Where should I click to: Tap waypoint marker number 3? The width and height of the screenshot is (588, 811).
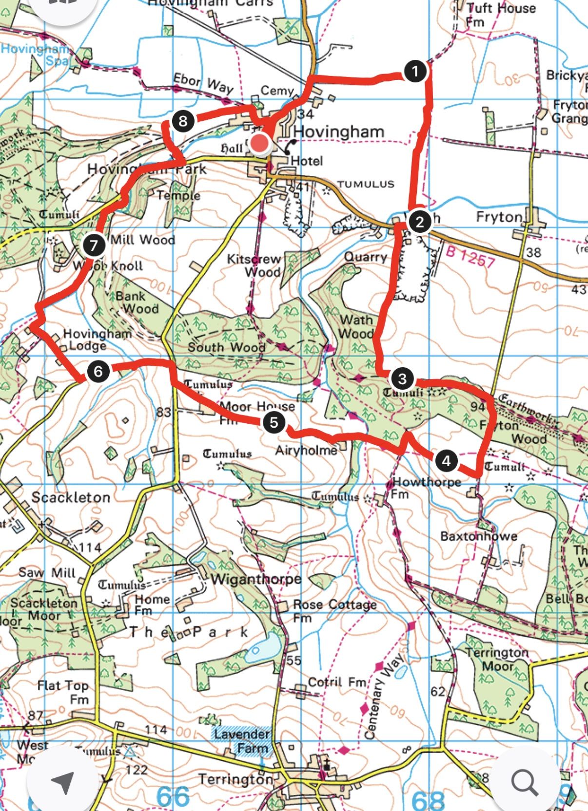[402, 379]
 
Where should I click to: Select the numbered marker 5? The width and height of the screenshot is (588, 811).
[274, 422]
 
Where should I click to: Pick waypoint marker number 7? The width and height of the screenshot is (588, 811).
[94, 245]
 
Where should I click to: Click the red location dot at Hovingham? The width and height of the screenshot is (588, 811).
[261, 144]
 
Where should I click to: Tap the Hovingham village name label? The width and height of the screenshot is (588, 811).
[338, 132]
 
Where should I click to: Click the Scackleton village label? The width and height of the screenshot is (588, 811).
[71, 497]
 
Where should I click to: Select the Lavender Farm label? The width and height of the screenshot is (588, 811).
[242, 740]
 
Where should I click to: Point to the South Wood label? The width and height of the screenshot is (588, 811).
[226, 347]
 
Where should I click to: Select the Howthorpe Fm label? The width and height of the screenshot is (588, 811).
[425, 487]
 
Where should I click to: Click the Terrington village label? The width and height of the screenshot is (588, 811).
[235, 779]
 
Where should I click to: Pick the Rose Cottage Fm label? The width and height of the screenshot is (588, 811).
[334, 610]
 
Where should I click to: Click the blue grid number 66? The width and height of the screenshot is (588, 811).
[173, 796]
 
